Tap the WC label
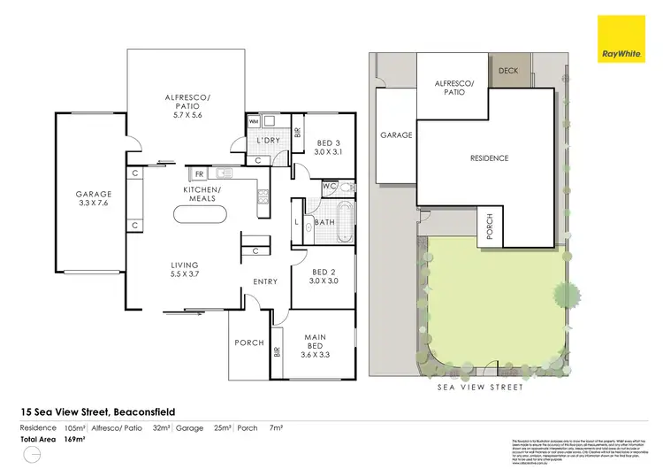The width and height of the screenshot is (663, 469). pos(327,187)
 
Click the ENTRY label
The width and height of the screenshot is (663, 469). pos(264,281)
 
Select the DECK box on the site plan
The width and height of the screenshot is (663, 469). pos(508,71)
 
